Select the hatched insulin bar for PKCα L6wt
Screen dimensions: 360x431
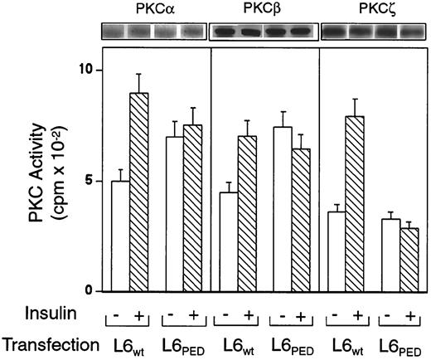[139, 192]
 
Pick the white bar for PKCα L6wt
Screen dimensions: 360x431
[120, 236]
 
